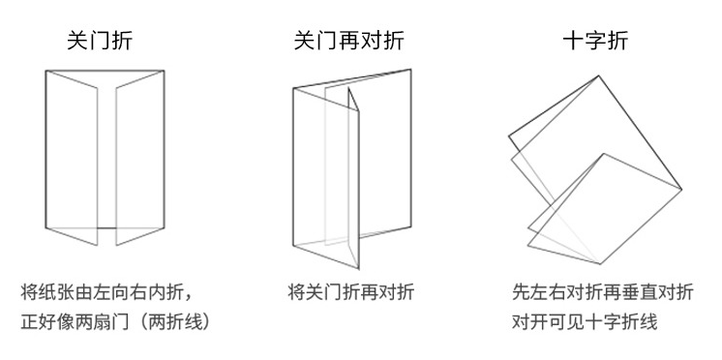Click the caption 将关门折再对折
[x=350, y=291]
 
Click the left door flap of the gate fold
[x=72, y=155]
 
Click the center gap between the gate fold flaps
[x=106, y=155]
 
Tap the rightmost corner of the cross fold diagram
[x=681, y=189]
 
